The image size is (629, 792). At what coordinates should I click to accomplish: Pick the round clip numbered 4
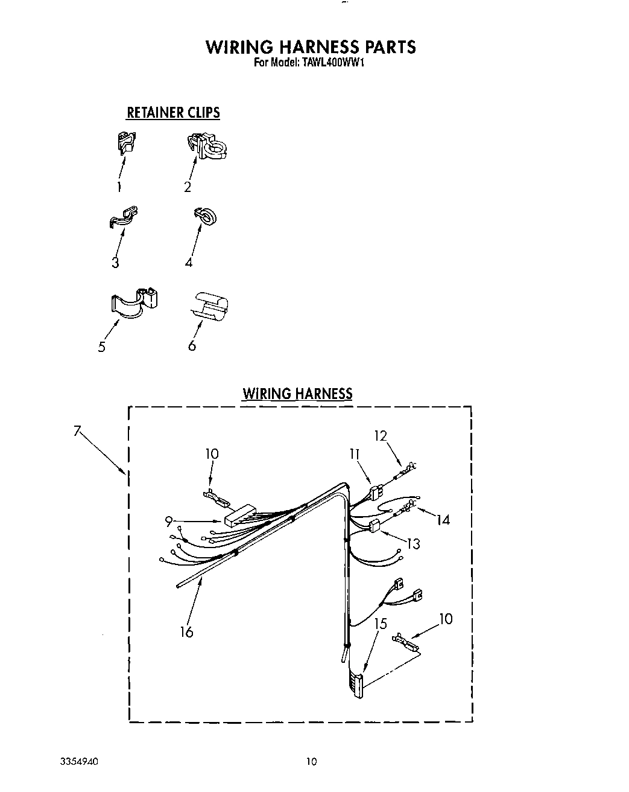coord(205,217)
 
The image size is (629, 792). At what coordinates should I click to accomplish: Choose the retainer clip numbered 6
coord(210,306)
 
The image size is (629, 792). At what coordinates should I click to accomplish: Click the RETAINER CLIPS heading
coord(173,112)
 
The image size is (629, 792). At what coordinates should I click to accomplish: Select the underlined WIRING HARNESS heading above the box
coord(297,394)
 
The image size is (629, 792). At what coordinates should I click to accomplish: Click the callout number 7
coord(77,430)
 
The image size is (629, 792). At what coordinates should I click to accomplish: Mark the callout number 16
coord(186,631)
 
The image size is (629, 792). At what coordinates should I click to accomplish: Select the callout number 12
coord(380,435)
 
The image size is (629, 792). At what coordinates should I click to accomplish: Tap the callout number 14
coord(443,519)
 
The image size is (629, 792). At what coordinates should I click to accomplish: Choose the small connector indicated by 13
coord(375,525)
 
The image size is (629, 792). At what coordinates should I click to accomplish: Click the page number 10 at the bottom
coord(311,762)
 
